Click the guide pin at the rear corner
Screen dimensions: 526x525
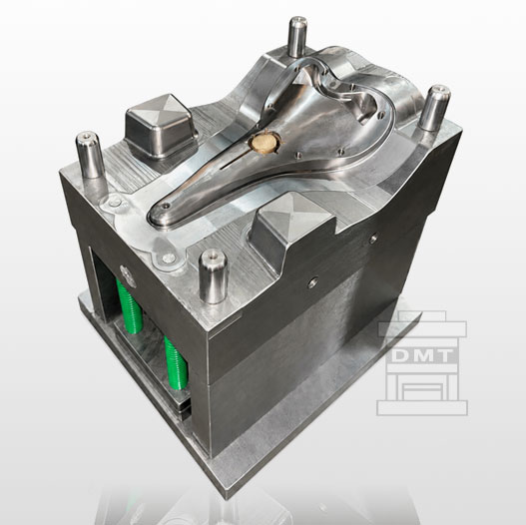point(297,37)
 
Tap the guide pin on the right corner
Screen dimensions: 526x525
point(434,108)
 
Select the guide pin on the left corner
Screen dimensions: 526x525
point(89,155)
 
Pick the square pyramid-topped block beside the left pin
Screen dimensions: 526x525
point(161,126)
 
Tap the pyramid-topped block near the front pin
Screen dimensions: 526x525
point(292,225)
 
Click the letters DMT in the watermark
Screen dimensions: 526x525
point(422,355)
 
